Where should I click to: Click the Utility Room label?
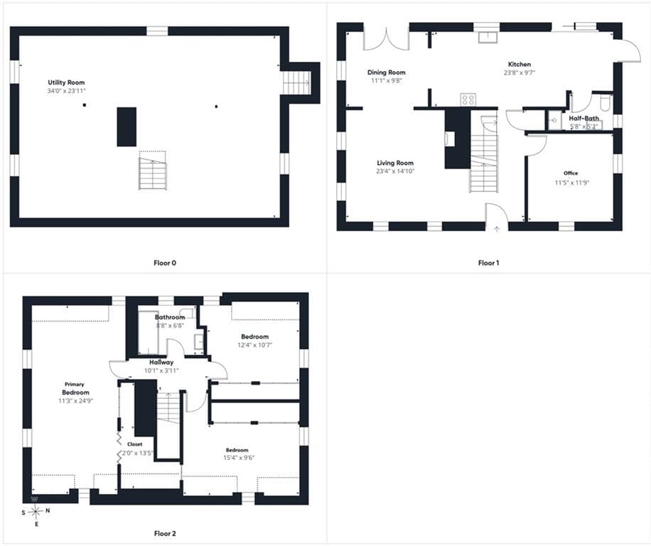coord(66,82)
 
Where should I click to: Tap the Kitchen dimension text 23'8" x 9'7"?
coord(520,73)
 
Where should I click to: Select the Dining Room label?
coord(386,73)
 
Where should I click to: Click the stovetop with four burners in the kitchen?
coord(468,100)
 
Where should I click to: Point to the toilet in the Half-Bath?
coord(605,103)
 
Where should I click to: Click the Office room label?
coord(571,173)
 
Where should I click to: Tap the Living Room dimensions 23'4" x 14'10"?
coord(395,171)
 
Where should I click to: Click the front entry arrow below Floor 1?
coord(497,229)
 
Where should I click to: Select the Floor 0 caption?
coord(165,263)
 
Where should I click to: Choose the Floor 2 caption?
coord(165,533)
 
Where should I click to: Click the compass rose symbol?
coord(36,512)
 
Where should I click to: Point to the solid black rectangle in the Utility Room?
coord(127,127)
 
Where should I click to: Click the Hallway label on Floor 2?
coord(161,362)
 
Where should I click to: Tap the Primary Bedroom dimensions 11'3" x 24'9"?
coord(75,401)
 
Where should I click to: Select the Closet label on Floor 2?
coord(134,444)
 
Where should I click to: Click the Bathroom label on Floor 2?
coord(170,317)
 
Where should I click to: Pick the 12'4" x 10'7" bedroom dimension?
coord(254,345)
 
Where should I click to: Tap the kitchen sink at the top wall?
coord(487,38)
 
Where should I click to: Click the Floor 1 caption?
coord(488,263)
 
